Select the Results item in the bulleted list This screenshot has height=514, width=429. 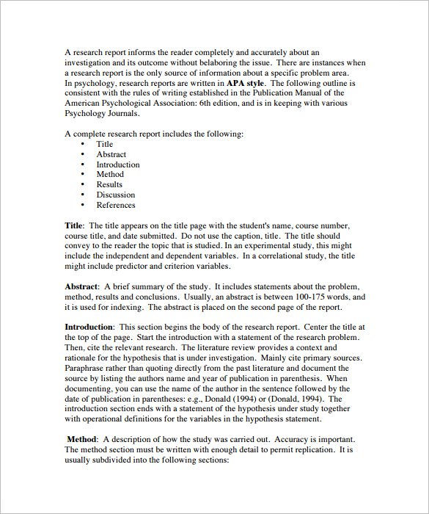point(109,185)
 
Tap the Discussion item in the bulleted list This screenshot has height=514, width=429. point(115,195)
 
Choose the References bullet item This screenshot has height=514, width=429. point(115,206)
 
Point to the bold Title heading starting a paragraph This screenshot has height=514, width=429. point(74,225)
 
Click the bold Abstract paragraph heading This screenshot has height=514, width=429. point(81,286)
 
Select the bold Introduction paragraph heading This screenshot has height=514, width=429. point(89,326)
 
